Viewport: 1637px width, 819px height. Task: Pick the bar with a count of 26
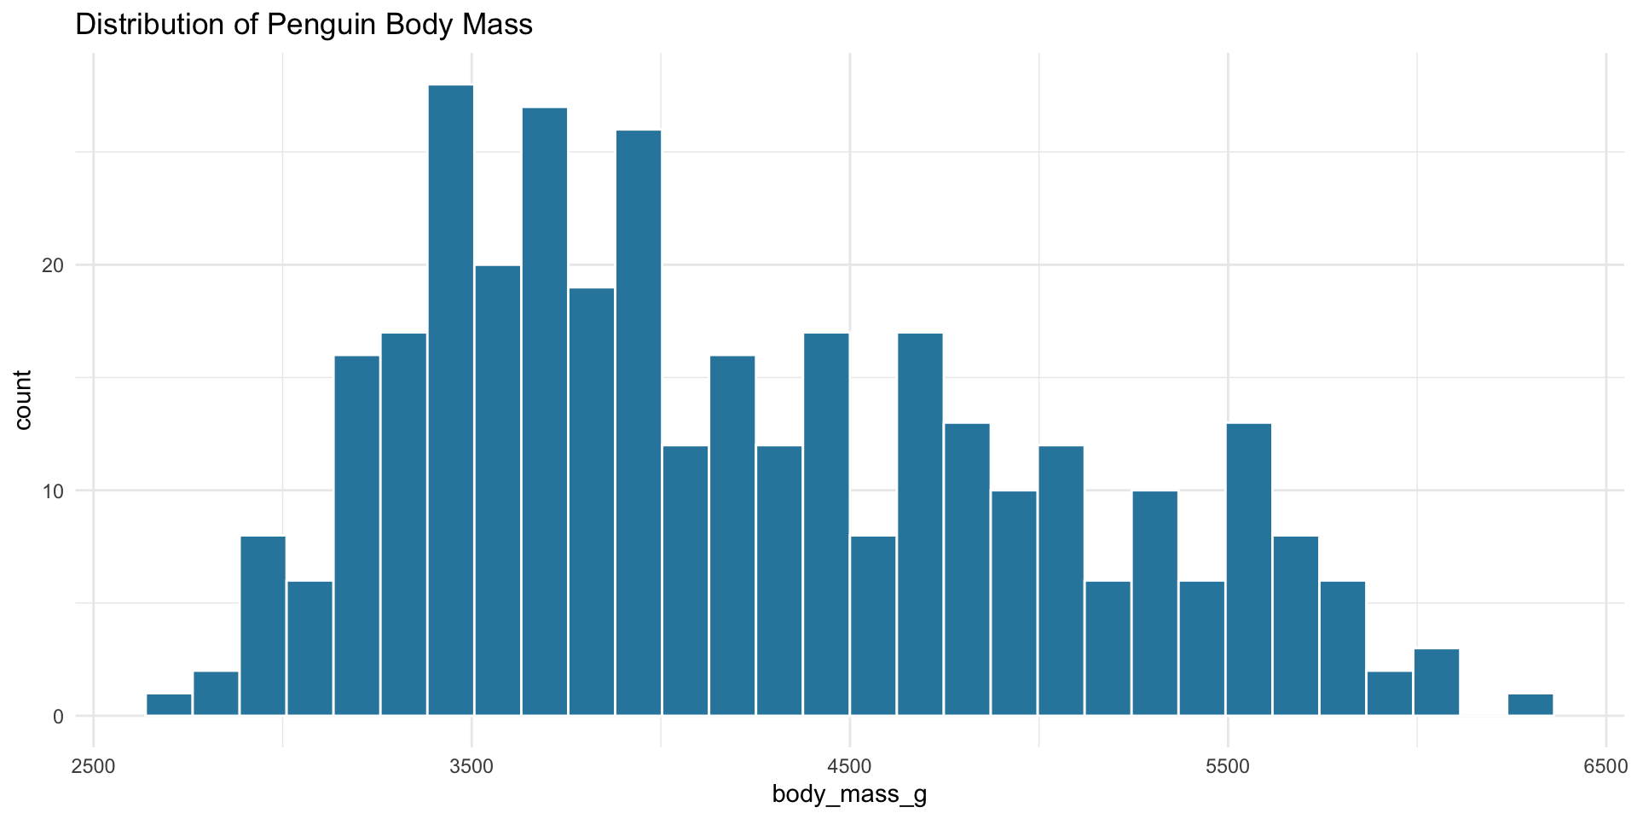(639, 422)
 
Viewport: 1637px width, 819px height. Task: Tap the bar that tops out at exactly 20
(498, 490)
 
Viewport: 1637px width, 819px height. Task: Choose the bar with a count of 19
(592, 502)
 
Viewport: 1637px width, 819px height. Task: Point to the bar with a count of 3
(1437, 682)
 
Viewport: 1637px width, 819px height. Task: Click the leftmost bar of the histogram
(169, 705)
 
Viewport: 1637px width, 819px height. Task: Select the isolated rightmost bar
(1530, 705)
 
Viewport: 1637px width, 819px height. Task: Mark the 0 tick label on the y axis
(59, 717)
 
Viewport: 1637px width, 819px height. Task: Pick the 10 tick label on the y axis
(54, 491)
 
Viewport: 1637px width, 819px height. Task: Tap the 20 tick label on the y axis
(54, 265)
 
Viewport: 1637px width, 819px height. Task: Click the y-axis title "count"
(23, 400)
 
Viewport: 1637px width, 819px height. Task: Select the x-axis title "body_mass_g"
(849, 795)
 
